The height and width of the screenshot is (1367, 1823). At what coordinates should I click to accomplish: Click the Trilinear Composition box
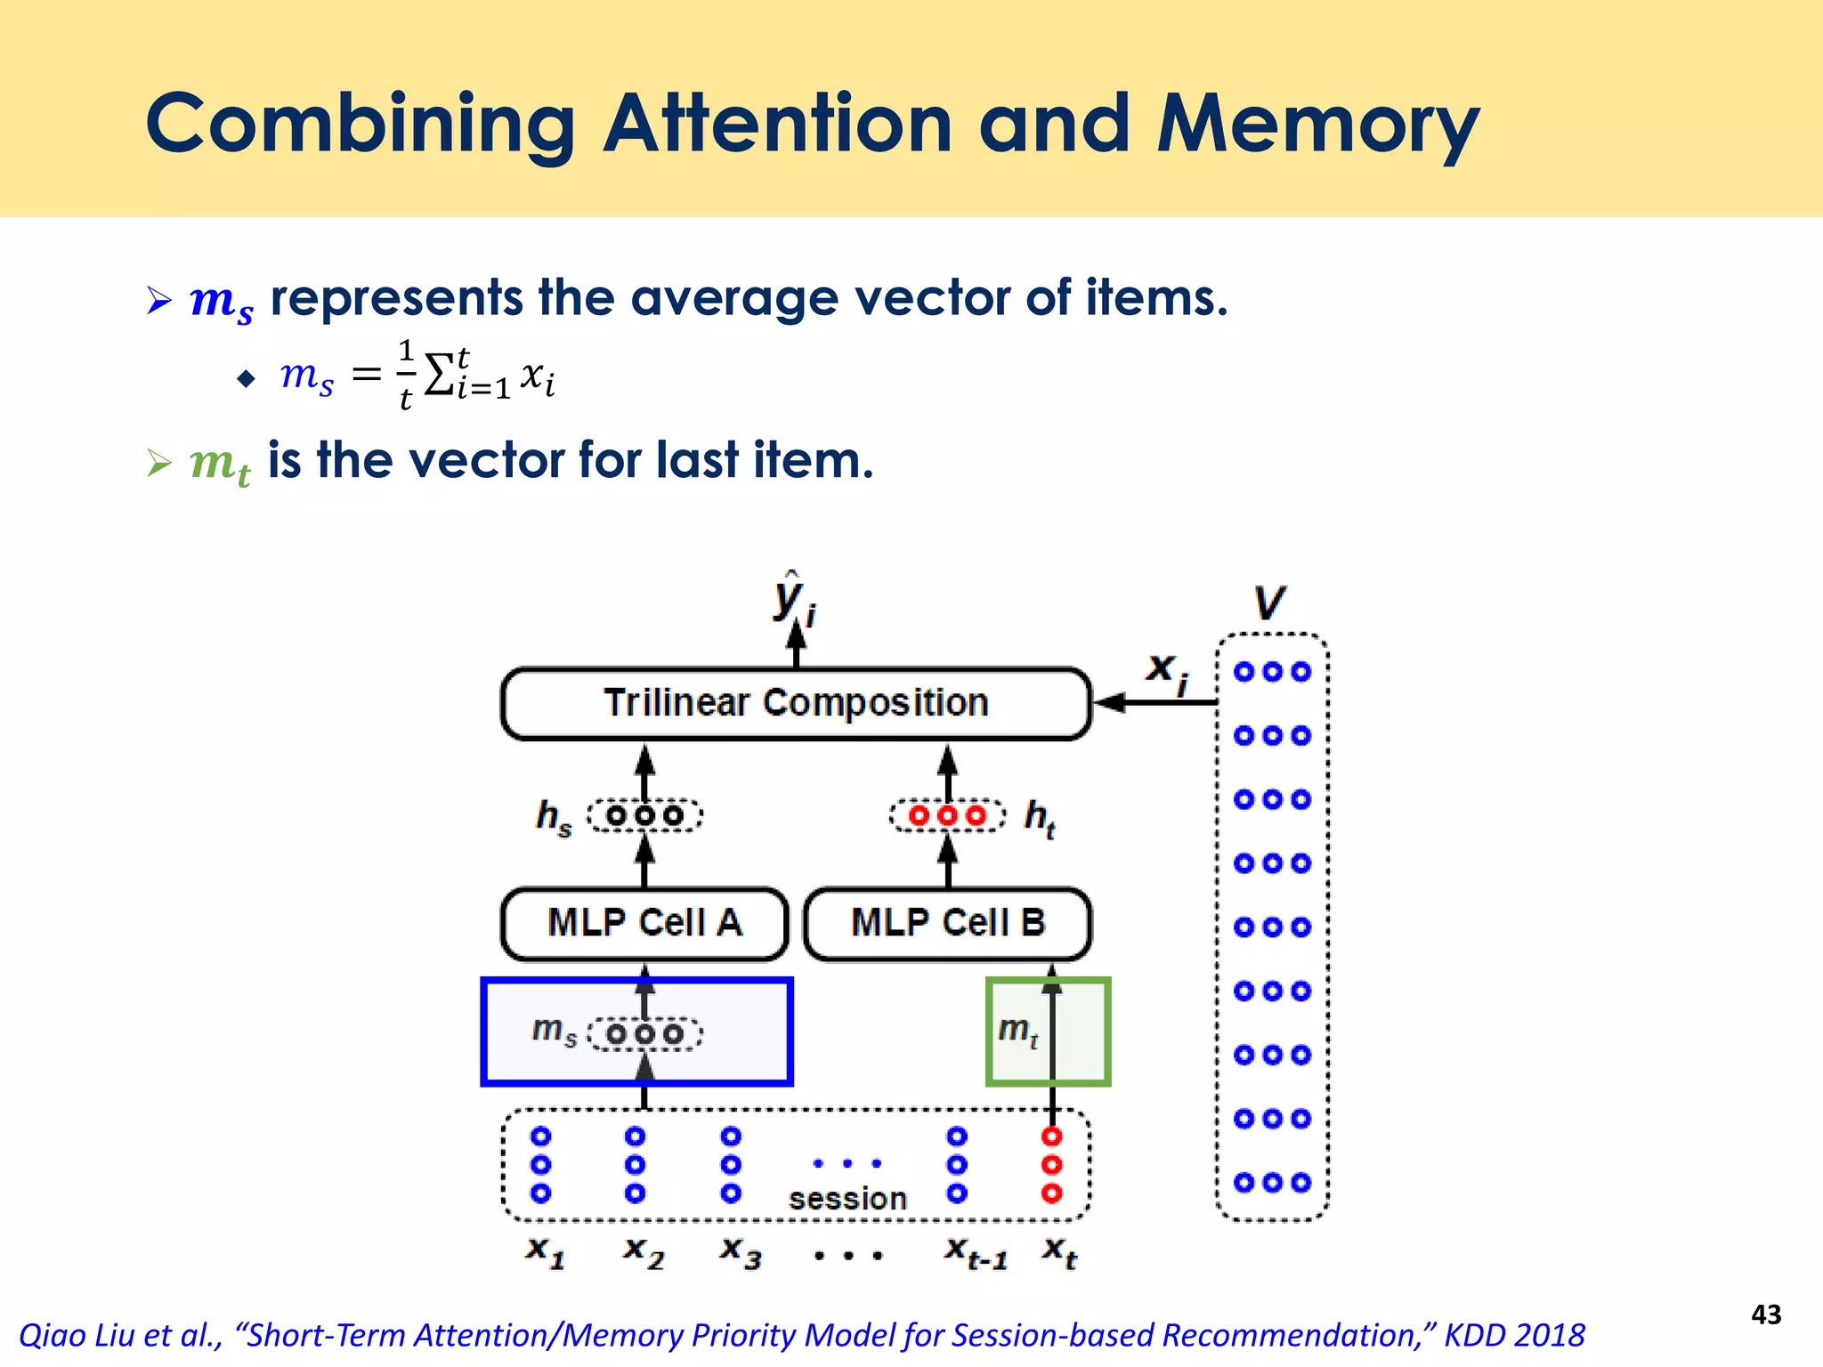[x=796, y=703]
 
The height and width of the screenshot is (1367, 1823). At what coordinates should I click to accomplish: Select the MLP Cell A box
[x=644, y=923]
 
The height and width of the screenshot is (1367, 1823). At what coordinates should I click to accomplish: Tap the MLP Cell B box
[x=947, y=923]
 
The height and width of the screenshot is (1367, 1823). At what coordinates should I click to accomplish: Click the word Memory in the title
[x=1317, y=125]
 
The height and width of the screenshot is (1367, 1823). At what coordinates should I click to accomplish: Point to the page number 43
[x=1766, y=1314]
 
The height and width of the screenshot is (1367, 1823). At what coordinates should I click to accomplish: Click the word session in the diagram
[x=847, y=1199]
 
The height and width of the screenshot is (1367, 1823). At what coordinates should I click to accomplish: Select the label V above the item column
[x=1270, y=603]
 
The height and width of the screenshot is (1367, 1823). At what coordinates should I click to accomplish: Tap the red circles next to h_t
[x=947, y=815]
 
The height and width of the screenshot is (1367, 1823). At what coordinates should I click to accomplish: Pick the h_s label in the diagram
[x=554, y=816]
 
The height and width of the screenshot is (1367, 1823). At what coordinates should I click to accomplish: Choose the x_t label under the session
[x=1060, y=1251]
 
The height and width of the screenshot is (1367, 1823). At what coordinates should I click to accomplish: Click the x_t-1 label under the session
[x=976, y=1252]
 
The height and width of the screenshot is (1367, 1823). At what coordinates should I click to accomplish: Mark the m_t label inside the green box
[x=1017, y=1030]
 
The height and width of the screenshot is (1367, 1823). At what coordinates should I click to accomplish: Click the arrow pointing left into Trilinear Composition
[x=1154, y=703]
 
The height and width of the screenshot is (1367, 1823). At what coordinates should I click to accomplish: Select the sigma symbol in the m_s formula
[x=439, y=375]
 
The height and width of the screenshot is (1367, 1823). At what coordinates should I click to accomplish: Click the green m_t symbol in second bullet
[x=219, y=463]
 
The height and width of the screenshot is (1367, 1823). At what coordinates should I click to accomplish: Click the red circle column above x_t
[x=1052, y=1164]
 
